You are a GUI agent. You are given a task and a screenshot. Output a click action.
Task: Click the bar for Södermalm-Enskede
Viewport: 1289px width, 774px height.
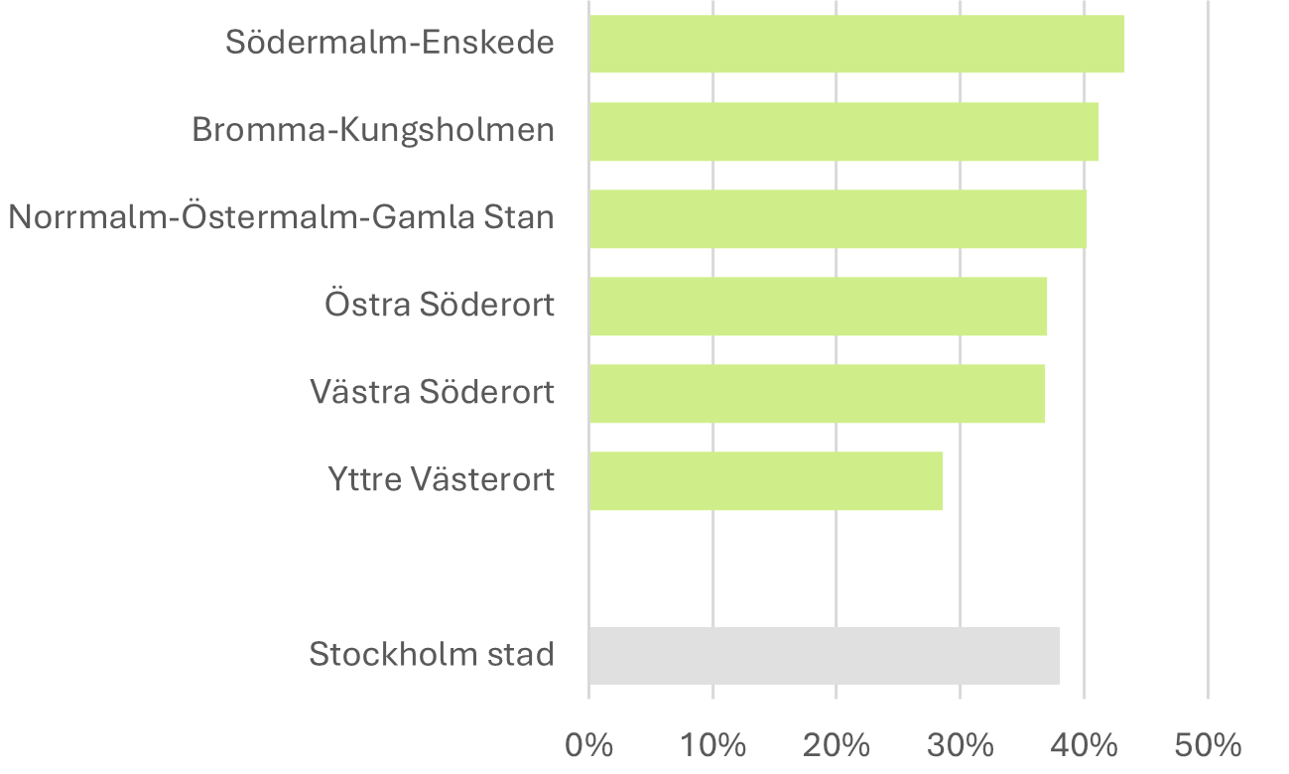tap(856, 44)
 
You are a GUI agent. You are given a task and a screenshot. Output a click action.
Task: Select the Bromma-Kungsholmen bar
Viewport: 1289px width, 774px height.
tap(843, 131)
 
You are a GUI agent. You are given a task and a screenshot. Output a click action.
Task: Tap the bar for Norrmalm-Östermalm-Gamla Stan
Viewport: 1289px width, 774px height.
tap(838, 218)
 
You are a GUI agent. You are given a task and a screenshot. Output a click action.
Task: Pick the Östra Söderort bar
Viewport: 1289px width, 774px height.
tap(818, 306)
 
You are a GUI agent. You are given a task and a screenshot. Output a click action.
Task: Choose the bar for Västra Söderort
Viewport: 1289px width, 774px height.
tap(817, 393)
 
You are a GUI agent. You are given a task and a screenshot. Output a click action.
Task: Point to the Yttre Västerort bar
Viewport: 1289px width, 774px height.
tap(765, 481)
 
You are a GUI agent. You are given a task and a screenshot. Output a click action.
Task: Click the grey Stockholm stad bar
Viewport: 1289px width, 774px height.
tap(824, 656)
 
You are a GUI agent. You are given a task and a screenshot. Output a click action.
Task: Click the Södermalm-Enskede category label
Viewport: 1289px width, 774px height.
tap(389, 43)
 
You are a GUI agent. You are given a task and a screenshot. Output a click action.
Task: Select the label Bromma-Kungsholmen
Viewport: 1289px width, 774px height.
tap(372, 130)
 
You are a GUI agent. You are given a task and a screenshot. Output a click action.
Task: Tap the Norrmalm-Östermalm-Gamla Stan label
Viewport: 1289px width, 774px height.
tap(281, 217)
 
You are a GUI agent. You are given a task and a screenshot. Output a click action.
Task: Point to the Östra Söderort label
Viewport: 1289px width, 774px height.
tap(439, 305)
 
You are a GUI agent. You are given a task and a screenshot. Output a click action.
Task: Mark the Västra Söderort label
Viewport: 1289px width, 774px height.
tap(432, 392)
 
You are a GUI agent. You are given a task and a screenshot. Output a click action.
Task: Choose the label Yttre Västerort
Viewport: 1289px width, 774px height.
tap(441, 480)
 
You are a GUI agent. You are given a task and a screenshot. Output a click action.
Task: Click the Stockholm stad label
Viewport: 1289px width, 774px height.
tap(432, 655)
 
